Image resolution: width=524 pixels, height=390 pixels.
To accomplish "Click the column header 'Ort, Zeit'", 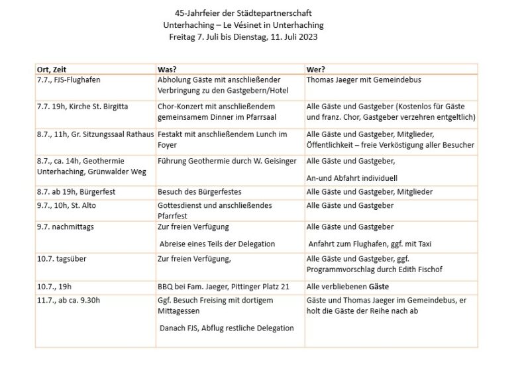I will (x=53, y=69).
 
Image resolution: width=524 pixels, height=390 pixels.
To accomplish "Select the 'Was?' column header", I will (x=166, y=69).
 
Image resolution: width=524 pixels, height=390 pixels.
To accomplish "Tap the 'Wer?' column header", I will (x=316, y=69).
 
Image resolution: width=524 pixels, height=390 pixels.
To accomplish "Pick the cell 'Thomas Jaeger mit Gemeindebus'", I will (x=364, y=80).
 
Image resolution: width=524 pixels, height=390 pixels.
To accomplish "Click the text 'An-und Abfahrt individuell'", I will (x=350, y=177).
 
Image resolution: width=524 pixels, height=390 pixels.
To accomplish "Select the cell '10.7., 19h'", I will (x=54, y=287).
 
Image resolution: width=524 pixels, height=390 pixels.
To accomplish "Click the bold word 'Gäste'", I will (x=378, y=287).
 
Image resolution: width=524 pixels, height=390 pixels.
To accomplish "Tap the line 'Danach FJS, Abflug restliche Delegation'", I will (x=227, y=328).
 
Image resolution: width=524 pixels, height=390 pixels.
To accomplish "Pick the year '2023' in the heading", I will (x=309, y=37).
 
